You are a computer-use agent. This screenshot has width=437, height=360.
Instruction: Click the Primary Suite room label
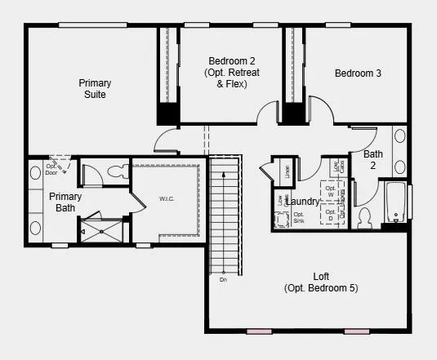tap(95, 88)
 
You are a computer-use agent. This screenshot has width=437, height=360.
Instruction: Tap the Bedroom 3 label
tap(358, 73)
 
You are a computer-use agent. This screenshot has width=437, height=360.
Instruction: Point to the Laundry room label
tap(303, 201)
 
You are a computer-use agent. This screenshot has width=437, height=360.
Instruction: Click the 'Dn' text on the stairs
tap(222, 280)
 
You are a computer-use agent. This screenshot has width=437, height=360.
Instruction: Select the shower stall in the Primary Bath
tap(100, 228)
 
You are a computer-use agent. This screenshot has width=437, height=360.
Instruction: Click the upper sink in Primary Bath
tap(35, 173)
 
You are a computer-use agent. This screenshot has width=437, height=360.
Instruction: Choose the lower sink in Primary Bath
tap(35, 227)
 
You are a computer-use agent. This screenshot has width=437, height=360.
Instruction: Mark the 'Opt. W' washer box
tap(331, 193)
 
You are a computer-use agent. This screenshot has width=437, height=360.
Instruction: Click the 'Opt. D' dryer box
tap(331, 216)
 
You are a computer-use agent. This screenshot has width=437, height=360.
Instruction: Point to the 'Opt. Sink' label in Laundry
tap(299, 218)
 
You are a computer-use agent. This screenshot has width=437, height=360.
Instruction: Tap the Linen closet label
tap(288, 171)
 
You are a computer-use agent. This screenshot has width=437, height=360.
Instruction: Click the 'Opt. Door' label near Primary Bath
tap(51, 169)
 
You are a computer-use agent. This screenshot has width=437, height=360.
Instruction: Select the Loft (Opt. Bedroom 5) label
tap(321, 282)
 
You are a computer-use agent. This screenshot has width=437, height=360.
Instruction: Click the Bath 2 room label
tap(372, 159)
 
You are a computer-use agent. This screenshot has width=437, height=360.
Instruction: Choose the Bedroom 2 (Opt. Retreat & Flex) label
tap(231, 72)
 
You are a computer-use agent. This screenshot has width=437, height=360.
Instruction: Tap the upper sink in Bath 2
tap(400, 136)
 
